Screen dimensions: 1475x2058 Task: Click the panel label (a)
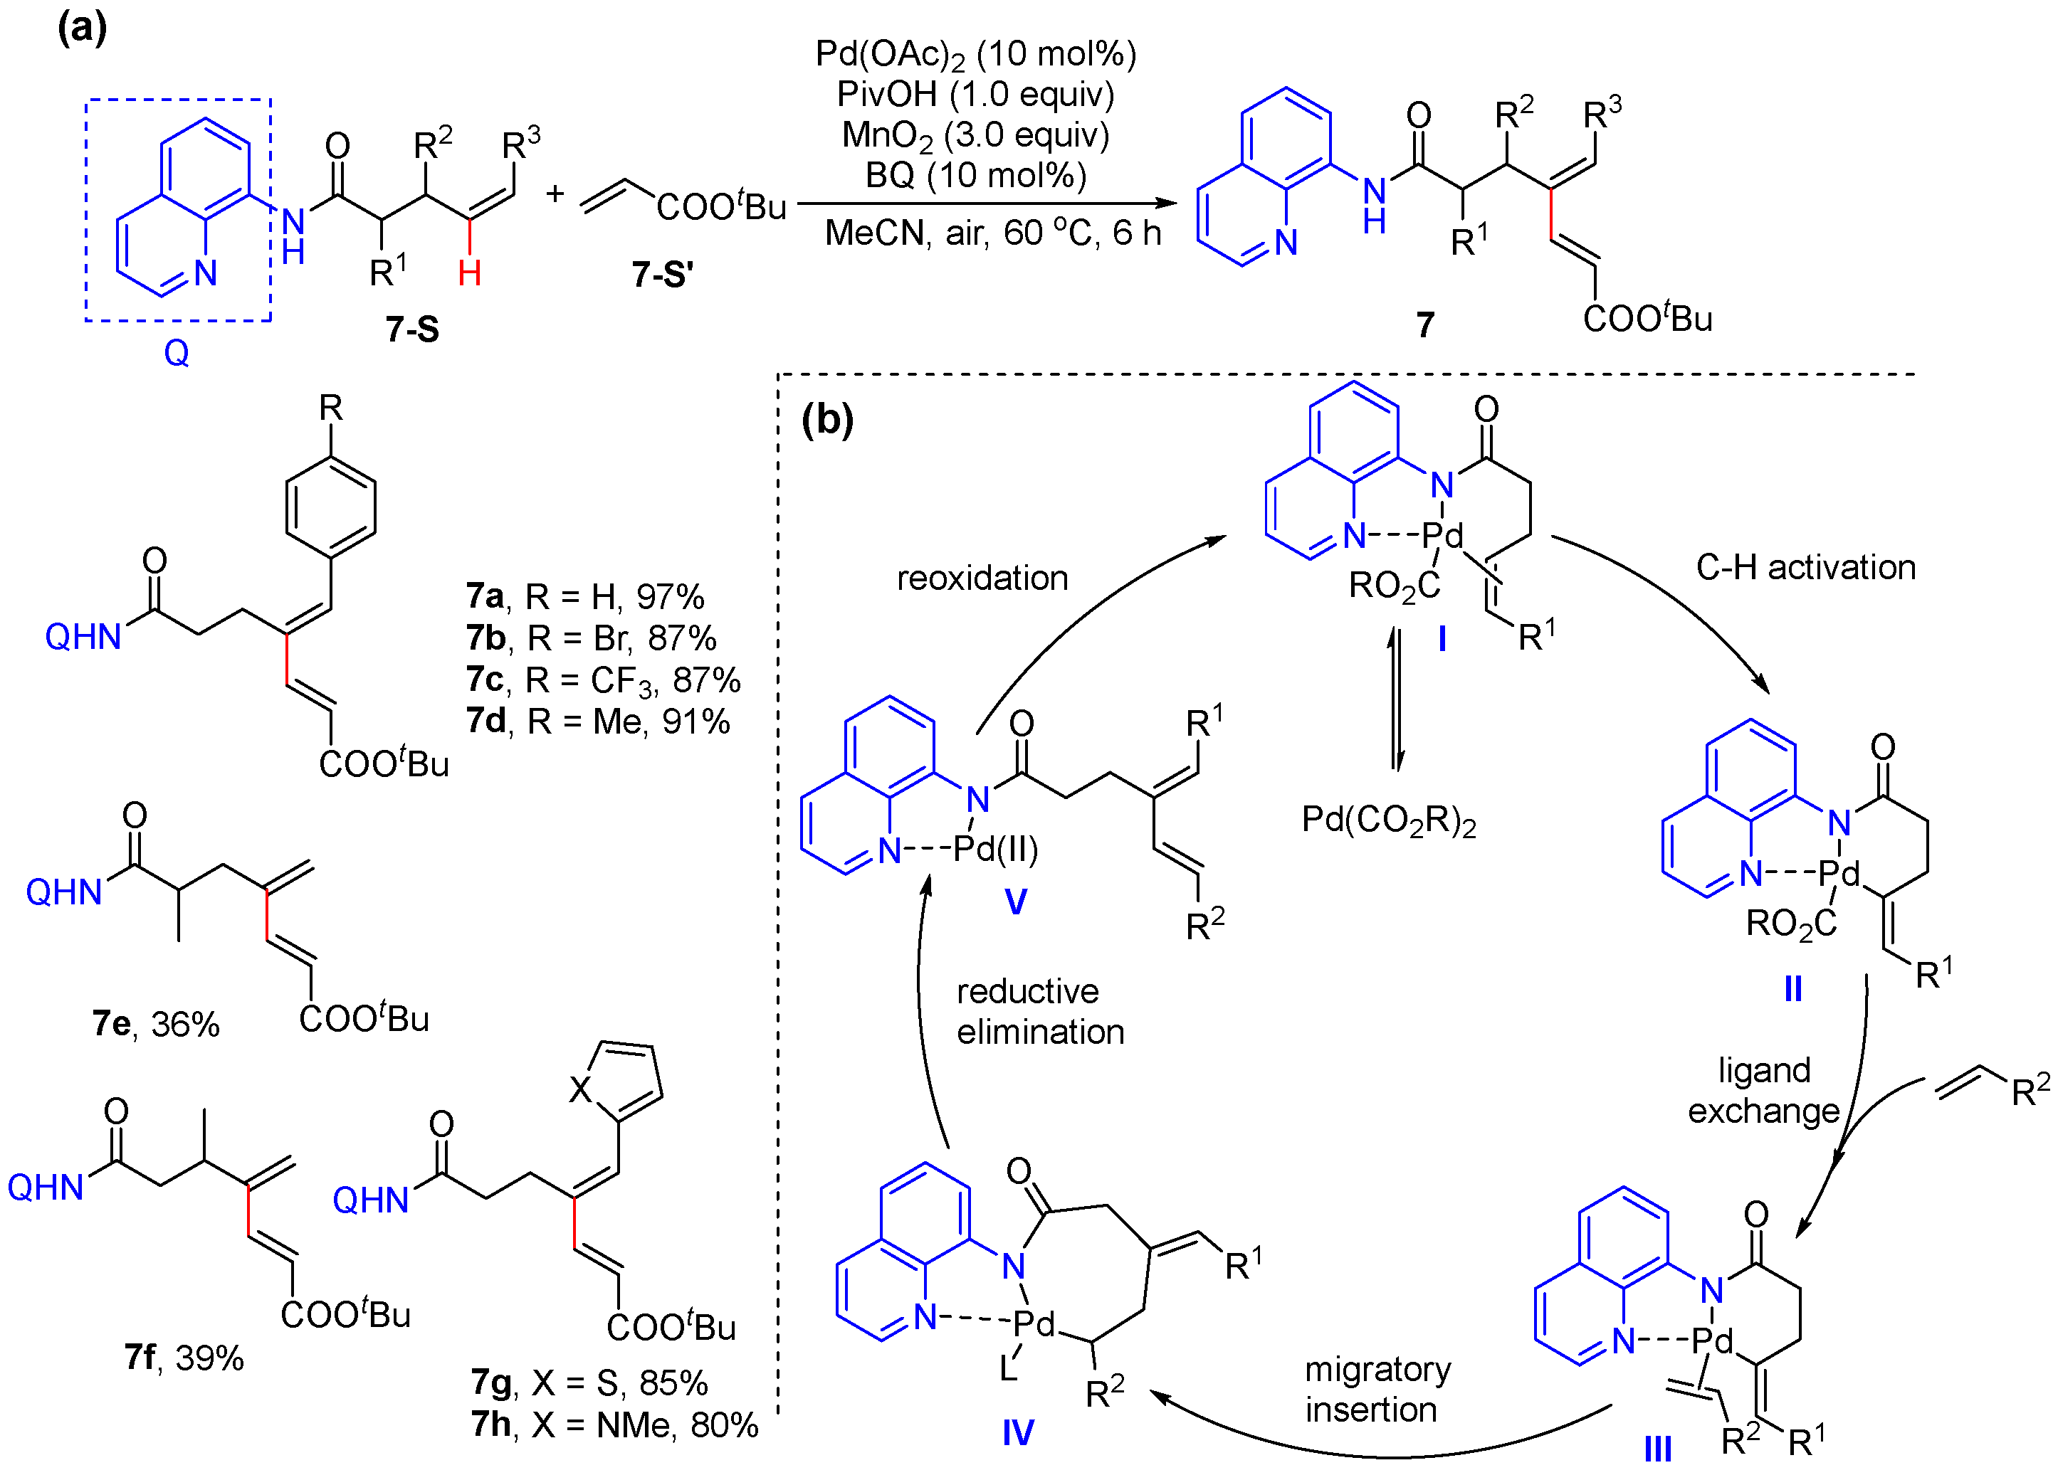coord(82,29)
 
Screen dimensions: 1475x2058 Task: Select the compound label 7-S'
coord(663,274)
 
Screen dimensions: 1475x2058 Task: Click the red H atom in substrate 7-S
coord(469,272)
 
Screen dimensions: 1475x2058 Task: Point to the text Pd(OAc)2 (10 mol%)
coord(975,54)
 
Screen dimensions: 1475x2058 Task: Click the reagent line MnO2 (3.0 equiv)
coord(975,135)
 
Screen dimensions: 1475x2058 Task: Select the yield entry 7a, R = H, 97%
coord(585,597)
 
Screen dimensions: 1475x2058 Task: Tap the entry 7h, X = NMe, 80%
coord(614,1425)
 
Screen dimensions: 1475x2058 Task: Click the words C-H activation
coord(1806,567)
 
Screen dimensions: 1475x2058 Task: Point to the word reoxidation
coord(982,578)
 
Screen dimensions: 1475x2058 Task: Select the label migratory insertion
coord(1377,1389)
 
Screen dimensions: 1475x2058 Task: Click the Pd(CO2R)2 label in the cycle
coord(1388,820)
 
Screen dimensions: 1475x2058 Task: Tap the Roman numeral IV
coord(1018,1433)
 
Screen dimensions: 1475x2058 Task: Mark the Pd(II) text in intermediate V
coord(995,849)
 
